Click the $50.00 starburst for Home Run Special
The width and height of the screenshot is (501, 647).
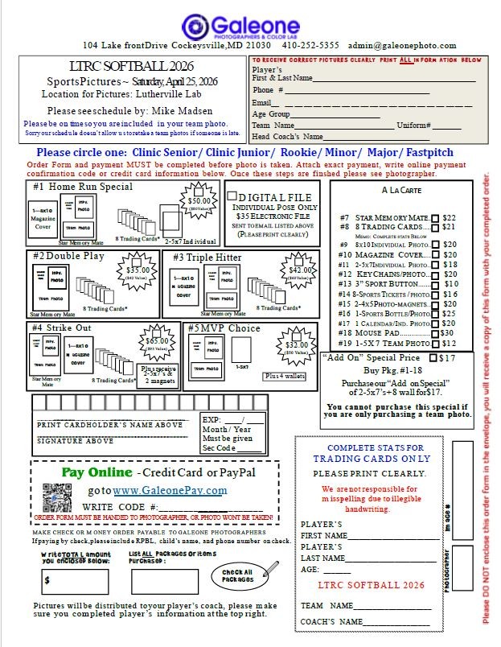(x=199, y=203)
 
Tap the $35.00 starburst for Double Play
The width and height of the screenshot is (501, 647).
(x=138, y=272)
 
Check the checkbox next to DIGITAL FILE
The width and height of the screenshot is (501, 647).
(x=232, y=196)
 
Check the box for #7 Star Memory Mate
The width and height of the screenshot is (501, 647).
(x=435, y=217)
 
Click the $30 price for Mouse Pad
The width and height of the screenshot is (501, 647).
(x=446, y=332)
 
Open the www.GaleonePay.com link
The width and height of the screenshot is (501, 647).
(x=169, y=490)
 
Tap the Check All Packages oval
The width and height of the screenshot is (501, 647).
(x=238, y=574)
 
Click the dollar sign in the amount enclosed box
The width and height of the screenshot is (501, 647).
(x=48, y=579)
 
